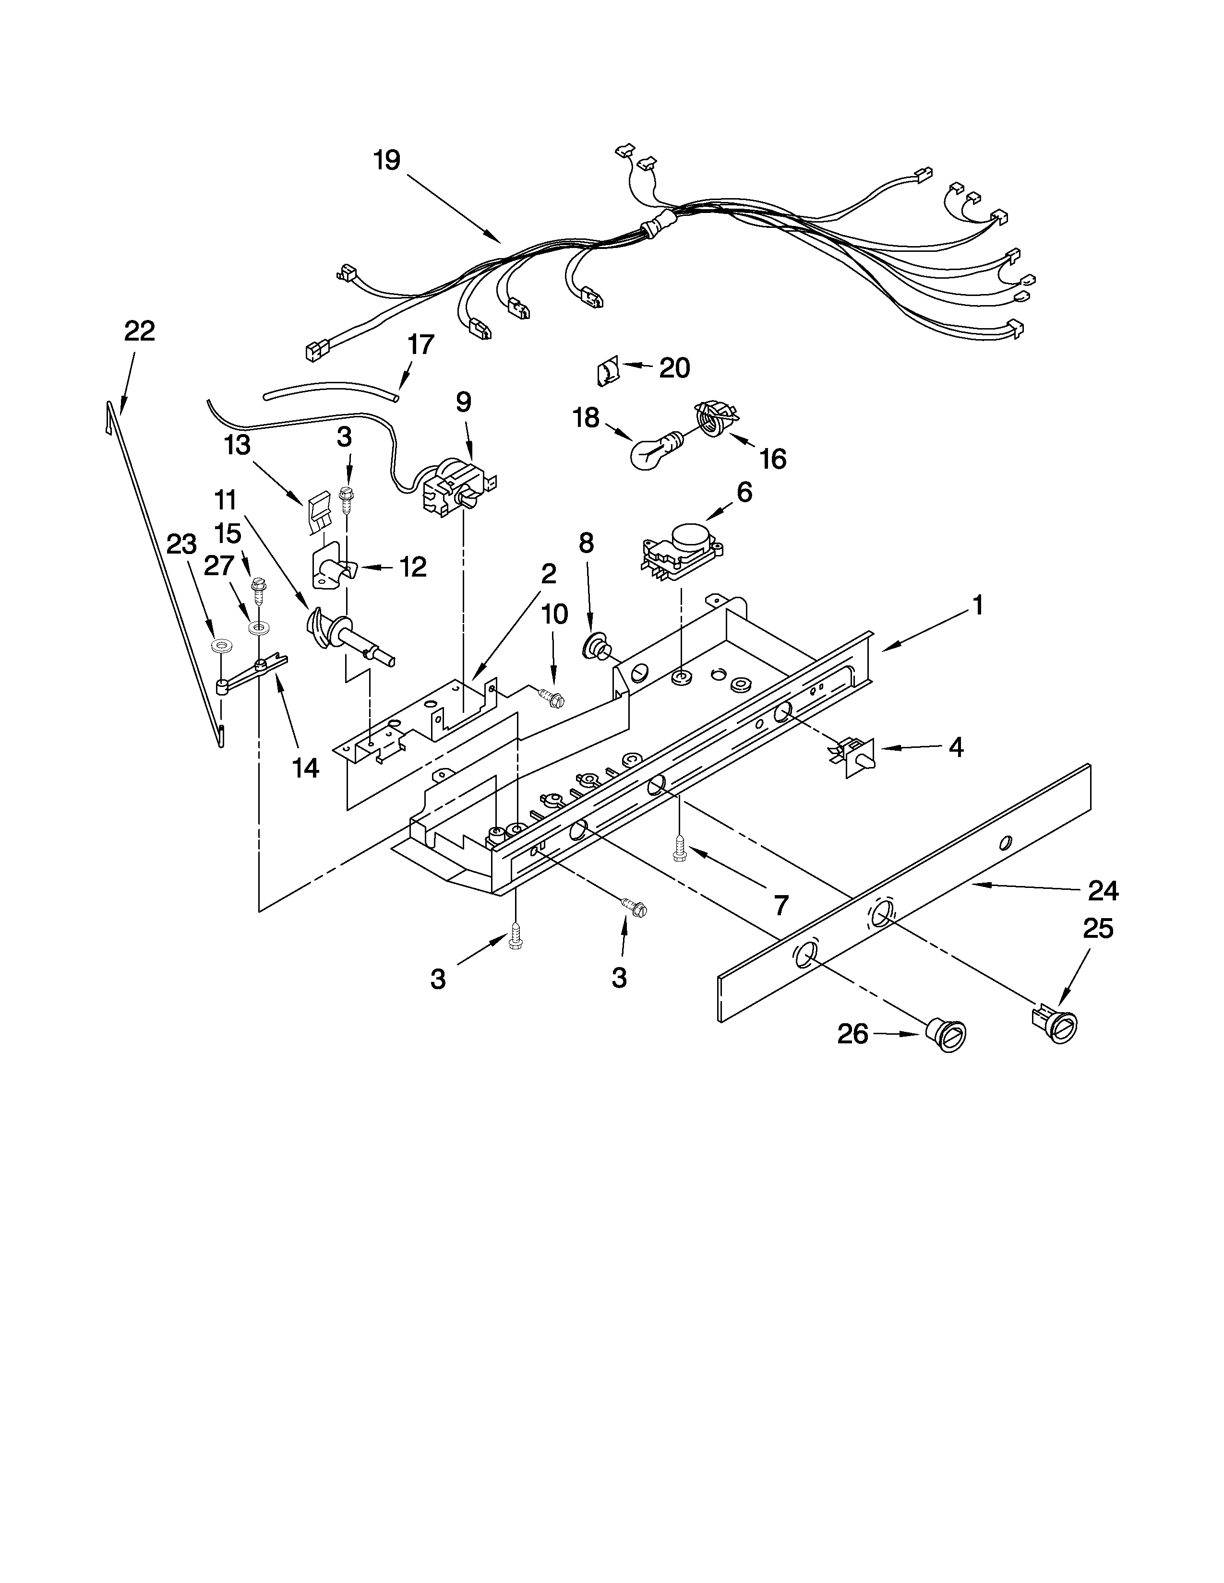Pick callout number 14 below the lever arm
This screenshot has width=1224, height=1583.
(x=305, y=768)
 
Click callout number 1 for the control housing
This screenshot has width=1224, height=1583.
(x=977, y=604)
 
